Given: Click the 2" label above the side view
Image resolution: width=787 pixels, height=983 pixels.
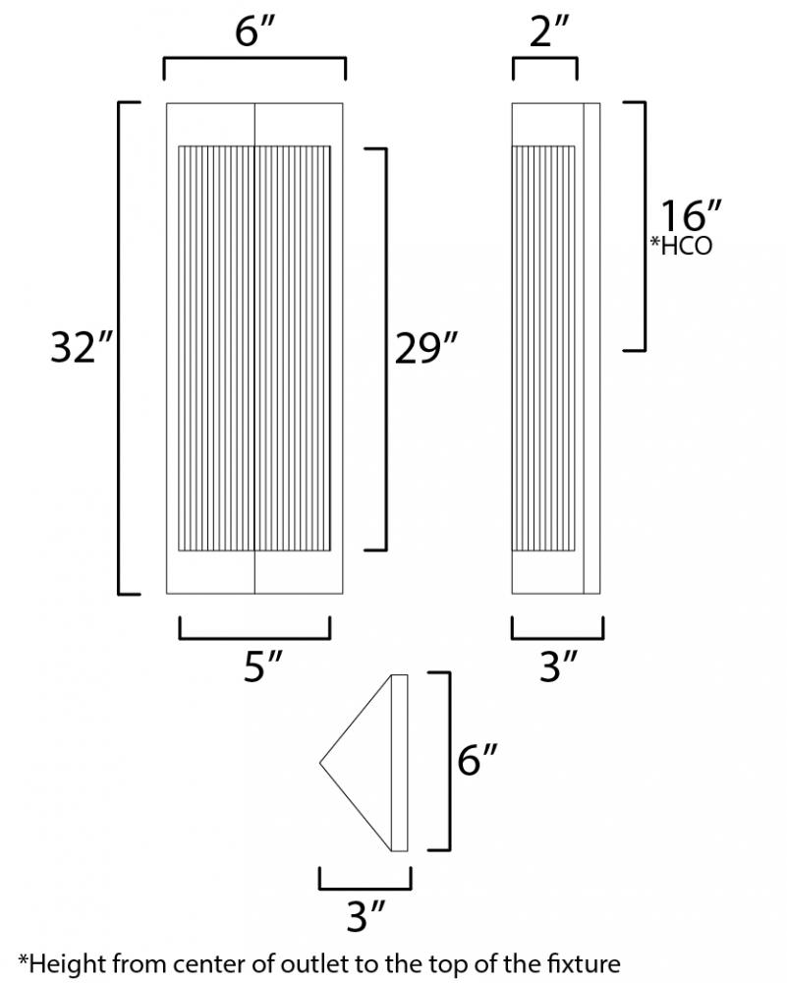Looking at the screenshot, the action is pyautogui.click(x=549, y=30).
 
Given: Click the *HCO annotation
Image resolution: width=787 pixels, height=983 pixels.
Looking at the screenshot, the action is pyautogui.click(x=681, y=245).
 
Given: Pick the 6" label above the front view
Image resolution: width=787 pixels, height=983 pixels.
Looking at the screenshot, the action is pyautogui.click(x=255, y=30).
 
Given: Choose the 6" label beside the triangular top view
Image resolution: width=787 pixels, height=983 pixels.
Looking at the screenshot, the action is pyautogui.click(x=478, y=760).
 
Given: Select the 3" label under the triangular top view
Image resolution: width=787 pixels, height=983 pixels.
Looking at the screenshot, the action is pyautogui.click(x=365, y=916).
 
